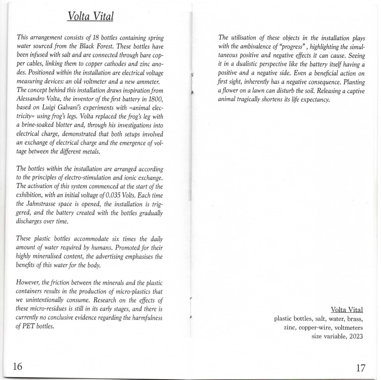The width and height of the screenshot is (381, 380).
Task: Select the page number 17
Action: point(360,368)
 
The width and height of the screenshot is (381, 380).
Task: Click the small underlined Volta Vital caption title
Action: point(346,310)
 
